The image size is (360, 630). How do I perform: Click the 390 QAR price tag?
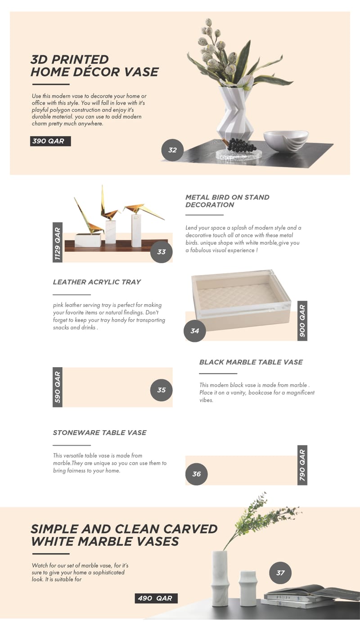(x=50, y=141)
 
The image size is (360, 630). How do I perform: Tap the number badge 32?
(x=172, y=150)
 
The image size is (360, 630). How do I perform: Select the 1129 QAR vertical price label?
(x=58, y=242)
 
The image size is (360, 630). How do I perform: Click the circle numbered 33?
(x=161, y=252)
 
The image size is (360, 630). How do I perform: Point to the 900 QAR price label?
(x=302, y=320)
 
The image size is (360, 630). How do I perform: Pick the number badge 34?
(x=194, y=331)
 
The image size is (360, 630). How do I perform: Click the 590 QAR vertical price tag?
(x=58, y=387)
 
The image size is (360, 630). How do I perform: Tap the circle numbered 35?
(x=161, y=390)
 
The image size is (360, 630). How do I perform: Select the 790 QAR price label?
(x=302, y=465)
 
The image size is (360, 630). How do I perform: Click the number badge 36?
(x=196, y=474)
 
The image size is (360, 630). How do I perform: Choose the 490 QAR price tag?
(x=156, y=598)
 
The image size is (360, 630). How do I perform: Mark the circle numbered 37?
(x=280, y=573)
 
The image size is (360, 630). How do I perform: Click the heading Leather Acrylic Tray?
(x=97, y=282)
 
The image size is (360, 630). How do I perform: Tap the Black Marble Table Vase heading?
(x=251, y=362)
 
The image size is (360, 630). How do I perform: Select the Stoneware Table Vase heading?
(x=99, y=432)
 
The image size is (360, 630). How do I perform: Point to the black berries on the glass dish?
(x=241, y=145)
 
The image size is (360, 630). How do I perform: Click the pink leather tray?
(x=241, y=299)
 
